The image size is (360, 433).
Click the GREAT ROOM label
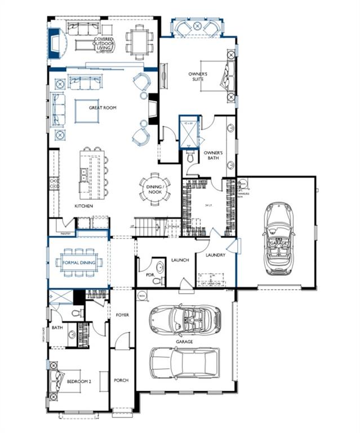point(103,107)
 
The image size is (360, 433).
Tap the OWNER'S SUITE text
point(198,77)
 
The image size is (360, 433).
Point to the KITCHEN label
point(84,206)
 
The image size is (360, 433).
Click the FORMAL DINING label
point(79,262)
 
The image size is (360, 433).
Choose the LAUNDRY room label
point(215,255)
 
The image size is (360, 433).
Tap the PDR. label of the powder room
point(149,276)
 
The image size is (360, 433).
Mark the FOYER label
point(122,315)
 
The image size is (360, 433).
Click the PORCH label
point(121,380)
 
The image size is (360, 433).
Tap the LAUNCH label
point(180,260)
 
